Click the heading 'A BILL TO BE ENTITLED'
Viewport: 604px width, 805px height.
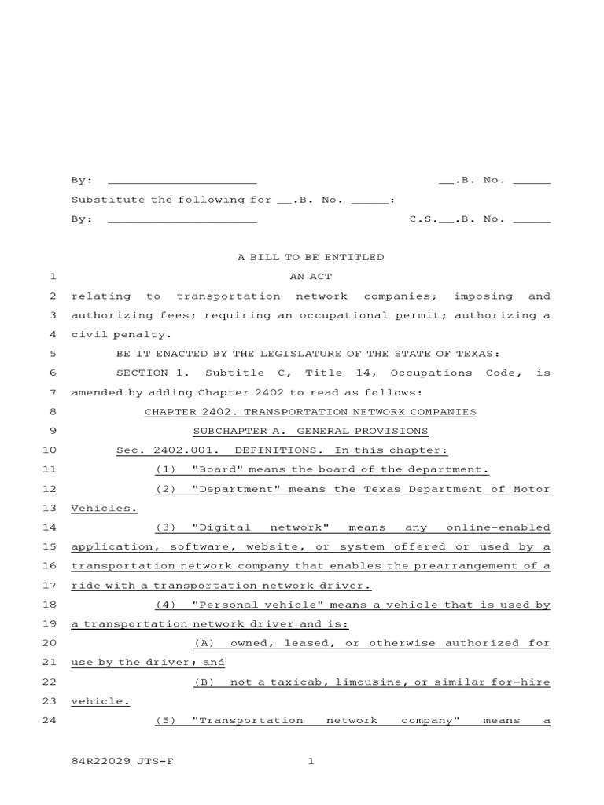coord(311,257)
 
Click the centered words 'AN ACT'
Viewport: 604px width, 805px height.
coord(311,277)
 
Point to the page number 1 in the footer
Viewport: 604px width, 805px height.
coord(311,761)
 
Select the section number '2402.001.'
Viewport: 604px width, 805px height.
coord(181,450)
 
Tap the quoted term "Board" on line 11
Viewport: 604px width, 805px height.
coord(212,469)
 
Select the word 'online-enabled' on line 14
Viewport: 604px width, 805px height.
coord(498,527)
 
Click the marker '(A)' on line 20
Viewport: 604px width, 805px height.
coord(204,643)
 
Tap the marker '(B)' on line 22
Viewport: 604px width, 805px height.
coord(204,682)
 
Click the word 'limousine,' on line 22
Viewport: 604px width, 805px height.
coord(372,682)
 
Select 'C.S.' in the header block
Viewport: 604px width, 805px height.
coord(423,219)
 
